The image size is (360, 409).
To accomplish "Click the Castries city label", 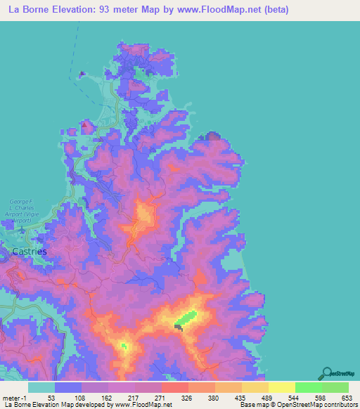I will (30, 251).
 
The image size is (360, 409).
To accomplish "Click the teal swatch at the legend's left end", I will (41, 387).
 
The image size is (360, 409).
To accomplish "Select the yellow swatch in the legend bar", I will (282, 387).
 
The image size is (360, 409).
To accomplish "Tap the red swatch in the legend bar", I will (175, 387).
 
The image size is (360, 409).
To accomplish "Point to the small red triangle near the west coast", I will (86, 126).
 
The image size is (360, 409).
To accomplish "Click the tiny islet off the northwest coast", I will (83, 74).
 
